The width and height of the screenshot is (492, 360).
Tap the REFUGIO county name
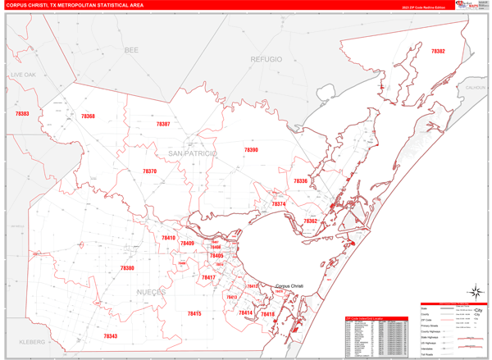tap(266, 60)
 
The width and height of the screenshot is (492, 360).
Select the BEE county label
tap(131, 51)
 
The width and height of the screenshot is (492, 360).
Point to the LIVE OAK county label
tap(24, 75)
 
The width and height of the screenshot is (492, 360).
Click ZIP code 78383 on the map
tap(22, 114)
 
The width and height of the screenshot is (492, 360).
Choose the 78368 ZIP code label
tap(88, 116)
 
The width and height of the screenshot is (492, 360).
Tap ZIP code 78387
tap(162, 124)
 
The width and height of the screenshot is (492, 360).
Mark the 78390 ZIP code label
tap(250, 150)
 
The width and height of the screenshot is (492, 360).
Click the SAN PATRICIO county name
tap(193, 153)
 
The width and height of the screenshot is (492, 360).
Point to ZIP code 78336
tap(300, 181)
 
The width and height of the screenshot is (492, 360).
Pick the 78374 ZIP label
tap(279, 204)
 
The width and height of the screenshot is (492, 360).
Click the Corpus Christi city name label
tap(289, 285)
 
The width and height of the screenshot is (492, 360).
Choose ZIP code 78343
tap(111, 335)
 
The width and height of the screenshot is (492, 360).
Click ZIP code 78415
tap(194, 313)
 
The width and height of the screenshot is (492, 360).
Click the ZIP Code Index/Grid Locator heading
tap(368, 318)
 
